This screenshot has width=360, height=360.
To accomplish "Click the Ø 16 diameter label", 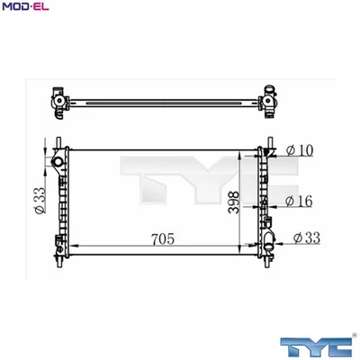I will (301, 201).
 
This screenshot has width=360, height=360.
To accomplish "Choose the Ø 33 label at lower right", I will (307, 238).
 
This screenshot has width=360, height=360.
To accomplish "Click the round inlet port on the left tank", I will (58, 162).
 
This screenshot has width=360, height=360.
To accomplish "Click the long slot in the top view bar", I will (162, 98).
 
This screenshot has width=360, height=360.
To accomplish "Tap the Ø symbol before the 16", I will (290, 201).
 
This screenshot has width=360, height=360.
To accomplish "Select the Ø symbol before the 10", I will (291, 150).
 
